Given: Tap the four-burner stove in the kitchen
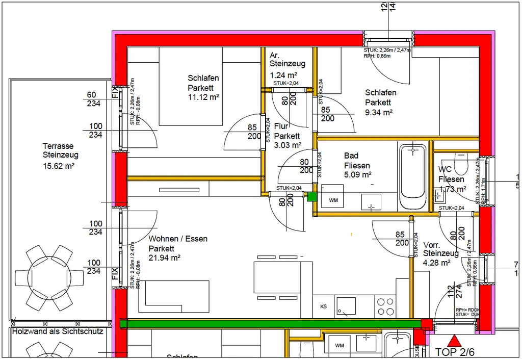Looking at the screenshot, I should click(x=385, y=306).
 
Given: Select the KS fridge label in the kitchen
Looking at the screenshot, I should click(x=323, y=306).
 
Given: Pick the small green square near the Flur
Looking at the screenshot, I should click(x=311, y=196).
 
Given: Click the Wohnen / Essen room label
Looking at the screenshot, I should click(x=178, y=239).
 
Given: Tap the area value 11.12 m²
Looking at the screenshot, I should click(x=203, y=97).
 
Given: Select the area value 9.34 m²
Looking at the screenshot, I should click(x=378, y=112).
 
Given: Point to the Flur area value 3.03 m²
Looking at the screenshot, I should click(x=288, y=145).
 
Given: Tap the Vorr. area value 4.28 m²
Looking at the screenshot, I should click(x=436, y=263).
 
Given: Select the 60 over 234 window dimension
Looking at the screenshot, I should click(x=94, y=99).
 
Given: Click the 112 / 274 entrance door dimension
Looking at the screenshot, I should click(x=454, y=291).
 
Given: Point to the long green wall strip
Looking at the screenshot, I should click(x=270, y=323).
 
